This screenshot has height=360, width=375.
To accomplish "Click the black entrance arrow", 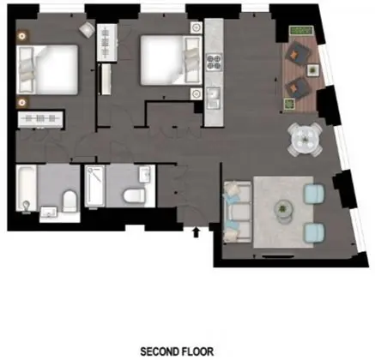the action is coord(196,232).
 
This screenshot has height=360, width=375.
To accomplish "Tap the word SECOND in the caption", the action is coord(158,351).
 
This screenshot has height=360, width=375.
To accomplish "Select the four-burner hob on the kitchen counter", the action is coord(215,62).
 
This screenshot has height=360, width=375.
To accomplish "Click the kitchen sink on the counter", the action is coord(214,98).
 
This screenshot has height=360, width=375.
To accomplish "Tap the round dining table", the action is coord(305,140).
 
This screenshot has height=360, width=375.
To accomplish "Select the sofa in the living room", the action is coord(238,212).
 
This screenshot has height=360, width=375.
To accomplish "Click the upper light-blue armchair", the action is coord(314,194).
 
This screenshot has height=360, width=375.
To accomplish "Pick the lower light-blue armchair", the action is coord(314,233).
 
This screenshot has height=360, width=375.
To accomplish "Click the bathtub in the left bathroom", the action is coord(26,188).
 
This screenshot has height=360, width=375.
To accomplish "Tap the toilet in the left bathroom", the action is coord(70,201).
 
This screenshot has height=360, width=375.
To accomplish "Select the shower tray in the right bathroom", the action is coord(95,185).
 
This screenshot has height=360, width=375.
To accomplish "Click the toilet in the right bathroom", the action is coord(134,195).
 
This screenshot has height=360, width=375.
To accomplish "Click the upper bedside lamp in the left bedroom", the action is coord(22,36).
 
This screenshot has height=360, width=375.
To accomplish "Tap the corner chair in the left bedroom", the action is coord(87,29).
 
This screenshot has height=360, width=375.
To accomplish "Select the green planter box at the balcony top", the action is coord(301,30).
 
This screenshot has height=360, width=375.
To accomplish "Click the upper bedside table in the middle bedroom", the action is coord(197,27).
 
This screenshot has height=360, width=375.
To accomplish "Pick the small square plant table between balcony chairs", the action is coord(313,70).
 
